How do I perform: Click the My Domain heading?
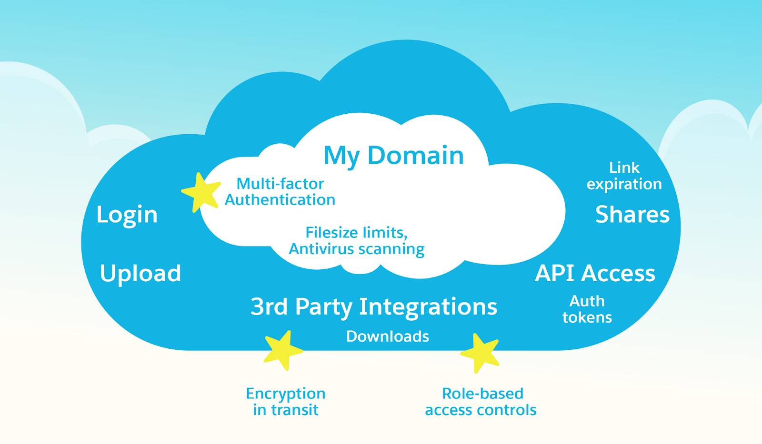pyautogui.click(x=393, y=156)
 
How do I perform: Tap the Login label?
pyautogui.click(x=127, y=215)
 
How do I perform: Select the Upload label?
pyautogui.click(x=140, y=274)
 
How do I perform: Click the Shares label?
pyautogui.click(x=632, y=215)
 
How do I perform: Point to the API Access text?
pyautogui.click(x=595, y=273)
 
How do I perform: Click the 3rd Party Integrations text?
pyautogui.click(x=374, y=306)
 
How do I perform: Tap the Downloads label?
pyautogui.click(x=387, y=336)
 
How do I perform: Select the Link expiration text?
pyautogui.click(x=624, y=176)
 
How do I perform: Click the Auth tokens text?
pyautogui.click(x=587, y=309)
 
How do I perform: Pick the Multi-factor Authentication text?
pyautogui.click(x=280, y=191)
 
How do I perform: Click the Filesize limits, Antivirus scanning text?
pyautogui.click(x=356, y=241)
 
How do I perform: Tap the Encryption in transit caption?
pyautogui.click(x=285, y=402)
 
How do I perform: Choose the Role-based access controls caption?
pyautogui.click(x=481, y=402)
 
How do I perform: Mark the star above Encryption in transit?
pyautogui.click(x=283, y=351)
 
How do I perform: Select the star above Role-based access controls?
pyautogui.click(x=481, y=353)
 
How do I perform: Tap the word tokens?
pyautogui.click(x=587, y=317)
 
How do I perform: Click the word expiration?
pyautogui.click(x=624, y=184)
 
